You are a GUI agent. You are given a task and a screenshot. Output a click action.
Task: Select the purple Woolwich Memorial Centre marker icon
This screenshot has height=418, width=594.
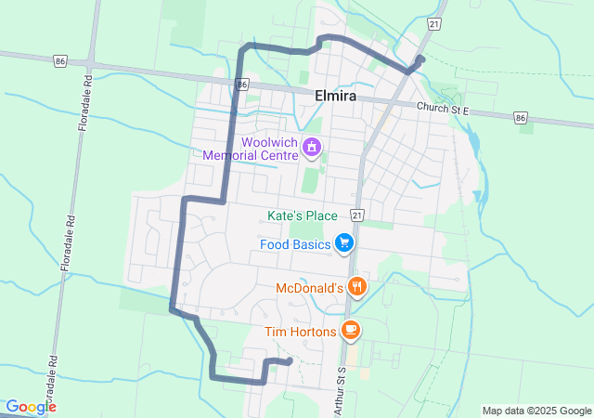314,147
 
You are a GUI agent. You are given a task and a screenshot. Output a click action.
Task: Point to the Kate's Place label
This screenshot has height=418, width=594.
302,216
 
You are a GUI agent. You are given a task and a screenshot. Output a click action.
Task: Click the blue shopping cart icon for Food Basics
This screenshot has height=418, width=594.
344,243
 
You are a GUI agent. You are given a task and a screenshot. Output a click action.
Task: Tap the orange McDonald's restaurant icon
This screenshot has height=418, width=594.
355,287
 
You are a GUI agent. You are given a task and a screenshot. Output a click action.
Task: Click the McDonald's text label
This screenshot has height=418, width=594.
310,288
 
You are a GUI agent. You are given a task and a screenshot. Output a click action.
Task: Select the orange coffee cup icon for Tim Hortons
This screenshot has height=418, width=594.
350,329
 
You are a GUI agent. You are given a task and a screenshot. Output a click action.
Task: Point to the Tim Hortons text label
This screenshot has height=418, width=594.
300,330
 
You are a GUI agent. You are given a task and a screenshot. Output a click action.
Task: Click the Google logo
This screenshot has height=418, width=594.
30,407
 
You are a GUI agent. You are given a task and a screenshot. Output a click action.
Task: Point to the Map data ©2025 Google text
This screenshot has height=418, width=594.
536,411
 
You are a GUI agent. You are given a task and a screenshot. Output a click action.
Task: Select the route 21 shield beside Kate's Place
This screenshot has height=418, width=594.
356,215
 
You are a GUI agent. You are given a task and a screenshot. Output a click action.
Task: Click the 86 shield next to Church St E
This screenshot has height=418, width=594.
522,118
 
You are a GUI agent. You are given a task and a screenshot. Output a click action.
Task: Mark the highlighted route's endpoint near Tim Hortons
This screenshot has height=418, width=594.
290,360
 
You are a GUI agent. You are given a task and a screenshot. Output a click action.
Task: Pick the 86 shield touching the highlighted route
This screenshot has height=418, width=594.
241,85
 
